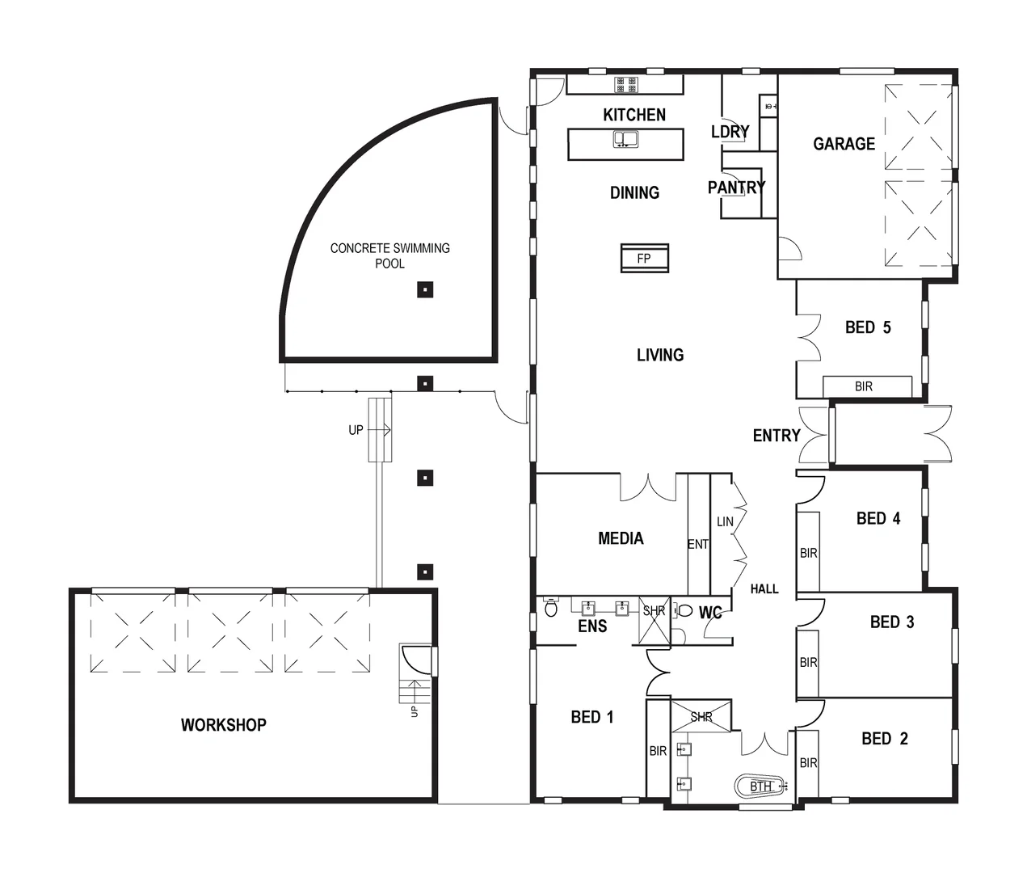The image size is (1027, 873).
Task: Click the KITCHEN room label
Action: (634, 115)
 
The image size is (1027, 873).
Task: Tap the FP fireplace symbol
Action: (644, 259)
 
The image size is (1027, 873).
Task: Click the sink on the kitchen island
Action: (625, 139)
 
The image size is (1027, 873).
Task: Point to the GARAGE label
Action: (844, 144)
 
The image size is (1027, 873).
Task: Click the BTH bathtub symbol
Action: (760, 786)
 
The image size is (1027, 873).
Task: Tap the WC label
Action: (710, 613)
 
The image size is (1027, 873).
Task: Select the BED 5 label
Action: (868, 327)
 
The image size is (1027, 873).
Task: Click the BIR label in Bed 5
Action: (864, 386)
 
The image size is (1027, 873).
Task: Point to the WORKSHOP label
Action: (223, 725)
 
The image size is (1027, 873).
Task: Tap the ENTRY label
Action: (777, 436)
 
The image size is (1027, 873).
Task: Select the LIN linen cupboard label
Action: (725, 521)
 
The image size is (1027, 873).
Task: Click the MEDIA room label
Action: (621, 538)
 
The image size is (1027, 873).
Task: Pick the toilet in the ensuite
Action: (551, 608)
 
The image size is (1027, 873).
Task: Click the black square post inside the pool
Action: (425, 289)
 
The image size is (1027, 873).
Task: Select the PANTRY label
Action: (736, 188)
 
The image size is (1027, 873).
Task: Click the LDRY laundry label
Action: (730, 132)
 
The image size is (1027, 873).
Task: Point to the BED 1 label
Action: (592, 717)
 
